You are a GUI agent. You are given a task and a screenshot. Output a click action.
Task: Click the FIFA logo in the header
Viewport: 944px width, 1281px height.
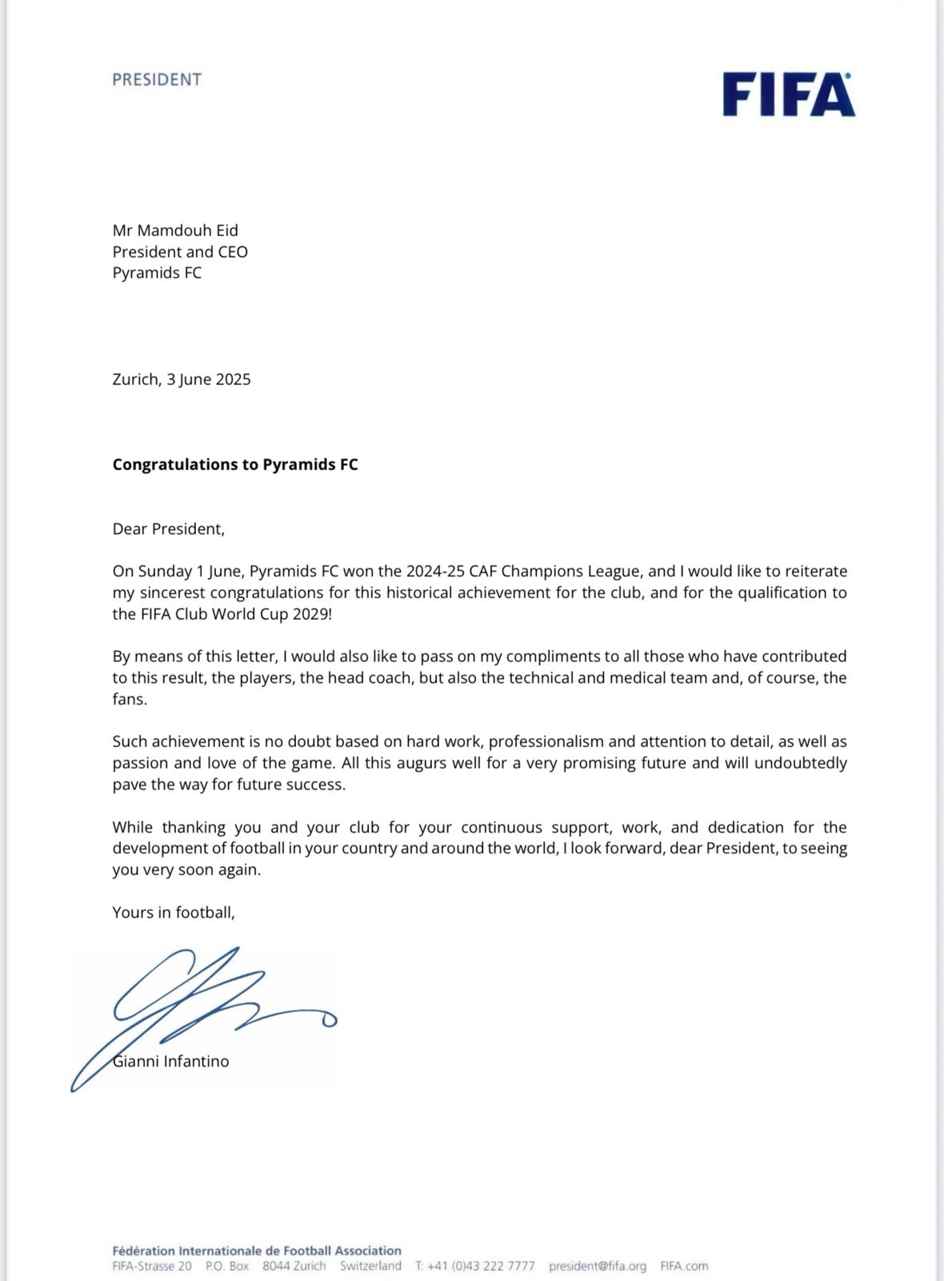[789, 95]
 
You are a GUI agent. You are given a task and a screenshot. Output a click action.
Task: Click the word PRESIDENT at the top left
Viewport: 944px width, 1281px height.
[157, 79]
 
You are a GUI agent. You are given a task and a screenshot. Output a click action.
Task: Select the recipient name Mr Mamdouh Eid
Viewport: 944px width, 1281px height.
[175, 231]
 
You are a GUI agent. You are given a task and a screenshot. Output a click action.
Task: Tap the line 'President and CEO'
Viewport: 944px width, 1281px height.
[180, 251]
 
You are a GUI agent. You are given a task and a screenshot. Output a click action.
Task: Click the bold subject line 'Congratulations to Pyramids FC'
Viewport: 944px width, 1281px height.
[235, 464]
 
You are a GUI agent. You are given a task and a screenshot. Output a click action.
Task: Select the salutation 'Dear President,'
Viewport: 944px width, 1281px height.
[169, 528]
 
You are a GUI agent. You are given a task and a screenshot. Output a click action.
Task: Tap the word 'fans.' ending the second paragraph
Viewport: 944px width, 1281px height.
[130, 699]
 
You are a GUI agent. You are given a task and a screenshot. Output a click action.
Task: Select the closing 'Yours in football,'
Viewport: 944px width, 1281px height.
[174, 912]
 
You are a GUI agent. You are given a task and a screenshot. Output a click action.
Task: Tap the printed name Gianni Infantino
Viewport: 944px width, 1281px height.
[172, 1062]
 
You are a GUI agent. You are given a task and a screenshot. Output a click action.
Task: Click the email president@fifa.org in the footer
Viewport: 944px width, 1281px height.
[598, 1266]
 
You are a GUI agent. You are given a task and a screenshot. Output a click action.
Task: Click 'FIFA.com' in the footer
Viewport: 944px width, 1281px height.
[684, 1266]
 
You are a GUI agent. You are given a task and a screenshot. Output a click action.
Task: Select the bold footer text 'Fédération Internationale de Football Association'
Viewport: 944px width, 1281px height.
[257, 1251]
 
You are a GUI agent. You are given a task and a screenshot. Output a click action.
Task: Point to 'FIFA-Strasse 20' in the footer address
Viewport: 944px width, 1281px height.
[152, 1266]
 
